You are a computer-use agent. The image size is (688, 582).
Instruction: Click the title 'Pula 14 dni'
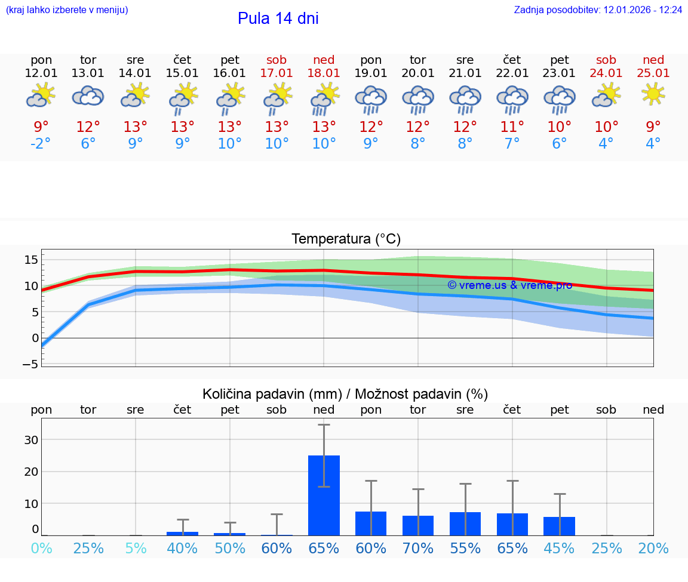point(278,19)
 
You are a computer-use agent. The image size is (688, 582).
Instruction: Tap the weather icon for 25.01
point(653,94)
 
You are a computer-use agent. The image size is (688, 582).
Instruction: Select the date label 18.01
point(324,73)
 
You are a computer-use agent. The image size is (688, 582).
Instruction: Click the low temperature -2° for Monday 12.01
point(41,144)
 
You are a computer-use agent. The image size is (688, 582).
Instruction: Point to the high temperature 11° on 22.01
point(512,127)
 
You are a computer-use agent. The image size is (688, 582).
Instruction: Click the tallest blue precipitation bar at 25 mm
point(324,495)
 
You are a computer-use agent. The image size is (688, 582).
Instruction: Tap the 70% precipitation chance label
point(418,548)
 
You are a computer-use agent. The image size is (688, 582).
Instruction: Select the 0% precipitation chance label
point(41,548)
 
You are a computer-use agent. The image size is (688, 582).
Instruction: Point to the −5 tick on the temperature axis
point(30,364)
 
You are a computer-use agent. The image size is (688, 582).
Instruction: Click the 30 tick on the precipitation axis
point(31,440)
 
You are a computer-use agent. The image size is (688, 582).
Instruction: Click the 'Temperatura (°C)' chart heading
point(346,239)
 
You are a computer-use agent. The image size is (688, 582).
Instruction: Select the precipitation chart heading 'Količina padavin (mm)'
point(272,394)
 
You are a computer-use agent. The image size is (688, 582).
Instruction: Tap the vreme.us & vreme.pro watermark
point(509,285)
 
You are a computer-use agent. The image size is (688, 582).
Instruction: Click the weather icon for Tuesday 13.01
point(88,96)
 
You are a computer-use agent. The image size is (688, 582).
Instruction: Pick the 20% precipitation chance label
point(653,548)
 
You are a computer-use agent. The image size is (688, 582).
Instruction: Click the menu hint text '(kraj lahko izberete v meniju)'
point(67,10)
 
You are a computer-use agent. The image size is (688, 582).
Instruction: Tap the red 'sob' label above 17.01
point(277,60)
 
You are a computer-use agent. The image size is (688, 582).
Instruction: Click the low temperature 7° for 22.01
point(512,144)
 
